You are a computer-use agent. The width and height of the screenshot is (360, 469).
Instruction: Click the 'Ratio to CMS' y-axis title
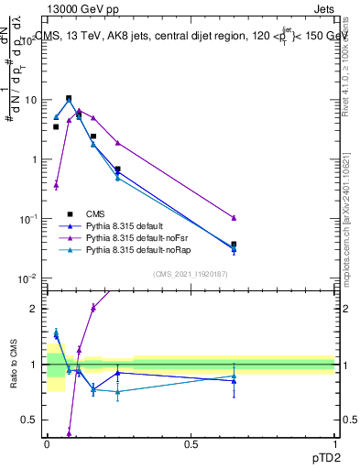[x=13, y=365]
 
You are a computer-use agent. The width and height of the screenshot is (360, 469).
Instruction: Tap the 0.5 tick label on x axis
[x=191, y=444]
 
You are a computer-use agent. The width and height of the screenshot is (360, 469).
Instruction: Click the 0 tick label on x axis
[x=48, y=444]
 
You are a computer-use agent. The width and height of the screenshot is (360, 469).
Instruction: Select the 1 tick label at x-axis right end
[x=334, y=444]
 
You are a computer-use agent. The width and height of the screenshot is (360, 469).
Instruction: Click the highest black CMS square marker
[x=69, y=98]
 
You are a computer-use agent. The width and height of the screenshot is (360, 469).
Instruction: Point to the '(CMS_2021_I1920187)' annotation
[x=191, y=273]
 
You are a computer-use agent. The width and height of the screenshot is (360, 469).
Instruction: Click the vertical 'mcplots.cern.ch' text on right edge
[x=349, y=229]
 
